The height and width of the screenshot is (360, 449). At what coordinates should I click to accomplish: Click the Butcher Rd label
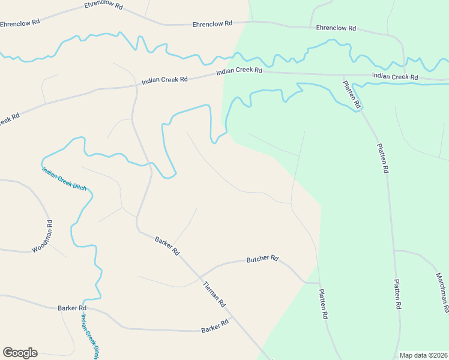pyautogui.click(x=262, y=259)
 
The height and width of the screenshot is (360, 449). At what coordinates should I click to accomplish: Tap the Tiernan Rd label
pyautogui.click(x=213, y=293)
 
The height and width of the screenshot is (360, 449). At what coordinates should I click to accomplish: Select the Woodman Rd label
pyautogui.click(x=41, y=236)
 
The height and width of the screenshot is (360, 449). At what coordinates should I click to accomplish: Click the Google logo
pyautogui.click(x=20, y=353)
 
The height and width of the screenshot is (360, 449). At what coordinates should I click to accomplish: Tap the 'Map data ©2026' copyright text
pyautogui.click(x=423, y=355)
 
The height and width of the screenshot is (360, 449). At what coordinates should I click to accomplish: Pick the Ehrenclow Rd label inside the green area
pyautogui.click(x=336, y=28)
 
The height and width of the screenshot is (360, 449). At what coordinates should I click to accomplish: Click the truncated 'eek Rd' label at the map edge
pyautogui.click(x=8, y=119)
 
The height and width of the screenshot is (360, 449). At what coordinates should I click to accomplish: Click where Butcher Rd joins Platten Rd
pyautogui.click(x=319, y=283)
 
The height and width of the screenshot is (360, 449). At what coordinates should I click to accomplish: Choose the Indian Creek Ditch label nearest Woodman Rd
pyautogui.click(x=64, y=178)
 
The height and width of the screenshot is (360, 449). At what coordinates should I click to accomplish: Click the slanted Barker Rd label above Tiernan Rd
pyautogui.click(x=167, y=246)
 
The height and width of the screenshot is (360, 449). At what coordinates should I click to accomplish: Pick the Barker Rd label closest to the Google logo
pyautogui.click(x=73, y=308)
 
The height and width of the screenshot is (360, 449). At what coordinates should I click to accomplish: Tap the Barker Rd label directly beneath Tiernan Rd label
pyautogui.click(x=215, y=326)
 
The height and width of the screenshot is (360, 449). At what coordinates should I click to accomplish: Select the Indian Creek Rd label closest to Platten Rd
pyautogui.click(x=395, y=76)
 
